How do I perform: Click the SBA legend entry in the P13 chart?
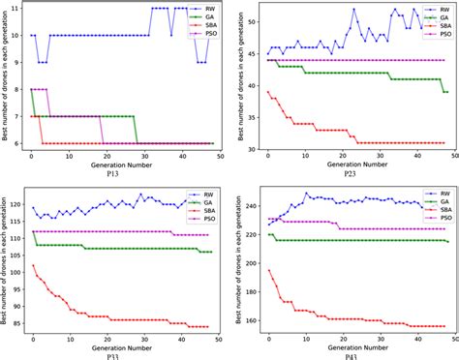coord(204,25)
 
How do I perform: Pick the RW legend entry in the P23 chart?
coord(437,8)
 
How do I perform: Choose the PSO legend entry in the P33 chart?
coord(204,219)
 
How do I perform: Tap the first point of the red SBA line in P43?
coord(268,271)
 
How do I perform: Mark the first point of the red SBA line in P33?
coord(32,266)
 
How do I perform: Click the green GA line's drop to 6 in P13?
coord(137,143)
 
